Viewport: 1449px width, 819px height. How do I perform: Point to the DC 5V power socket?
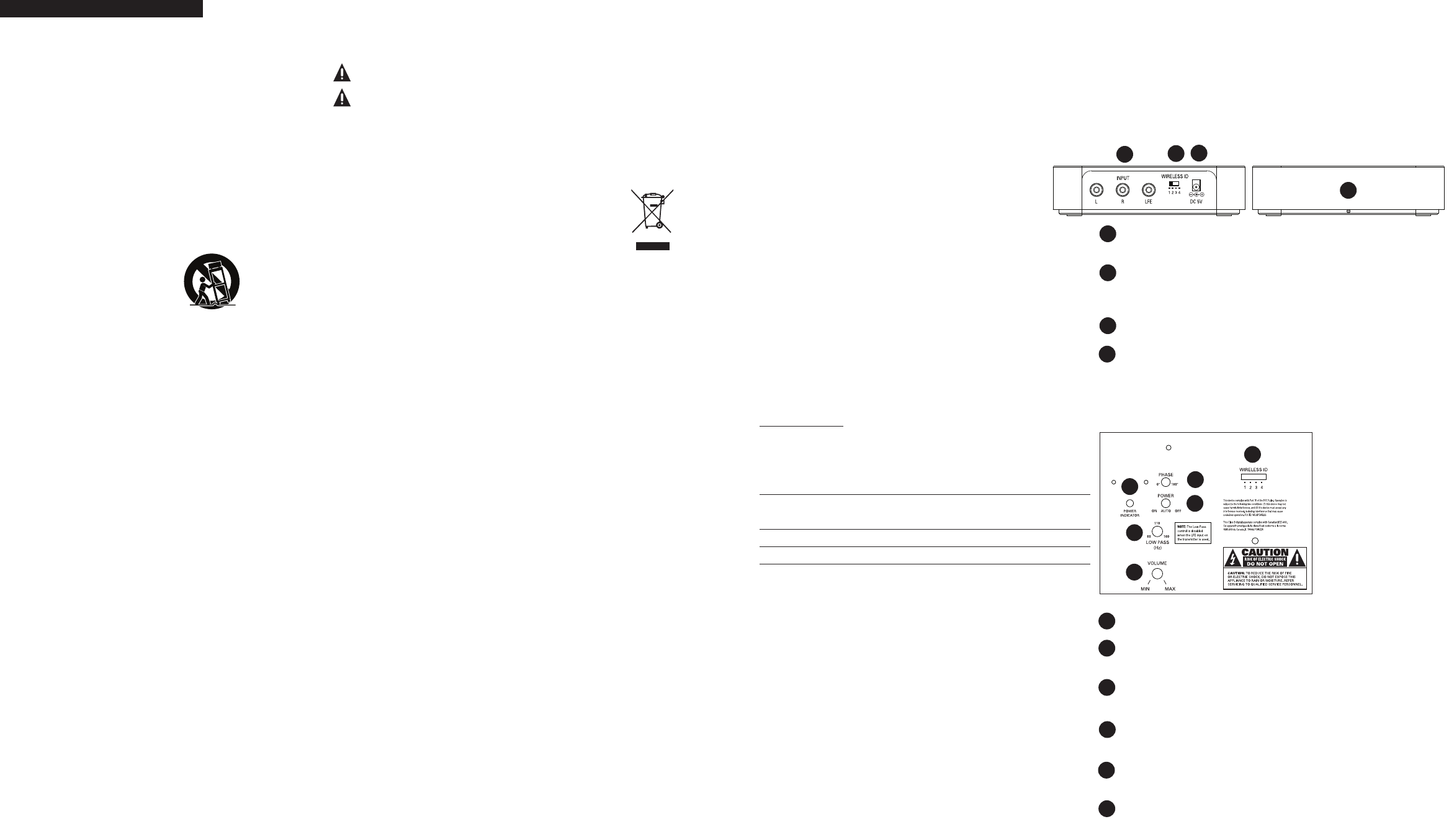[1195, 186]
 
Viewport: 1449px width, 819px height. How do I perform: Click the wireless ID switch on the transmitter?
[1174, 184]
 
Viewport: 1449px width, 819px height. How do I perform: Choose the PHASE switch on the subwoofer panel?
[1165, 482]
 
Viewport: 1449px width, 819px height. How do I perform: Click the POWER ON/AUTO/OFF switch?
[1165, 503]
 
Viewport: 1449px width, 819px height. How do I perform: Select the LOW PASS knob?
[1157, 531]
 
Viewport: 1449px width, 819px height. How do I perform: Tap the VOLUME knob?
[1157, 573]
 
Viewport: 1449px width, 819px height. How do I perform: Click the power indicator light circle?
[1130, 503]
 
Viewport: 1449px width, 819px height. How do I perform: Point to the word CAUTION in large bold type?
[1265, 552]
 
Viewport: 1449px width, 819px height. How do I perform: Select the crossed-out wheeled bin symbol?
[652, 210]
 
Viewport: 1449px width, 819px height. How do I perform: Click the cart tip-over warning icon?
[212, 281]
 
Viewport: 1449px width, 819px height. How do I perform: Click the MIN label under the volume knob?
[1145, 589]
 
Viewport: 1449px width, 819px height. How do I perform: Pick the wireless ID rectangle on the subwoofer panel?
[1254, 477]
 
